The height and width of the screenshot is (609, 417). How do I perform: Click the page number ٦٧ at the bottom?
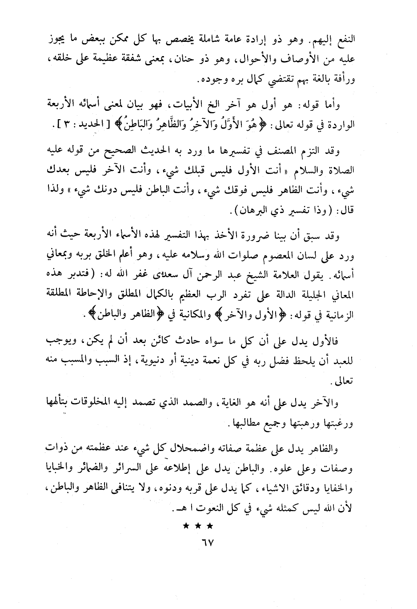[x=208, y=544]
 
